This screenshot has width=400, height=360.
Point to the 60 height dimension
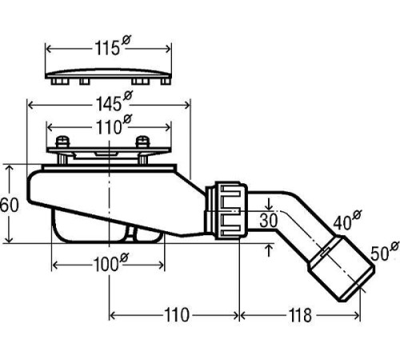click(9, 205)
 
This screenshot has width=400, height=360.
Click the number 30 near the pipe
click(269, 221)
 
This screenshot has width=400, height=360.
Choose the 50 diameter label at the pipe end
click(385, 251)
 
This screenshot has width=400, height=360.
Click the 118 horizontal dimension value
click(300, 315)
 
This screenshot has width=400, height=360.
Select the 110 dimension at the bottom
click(176, 315)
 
